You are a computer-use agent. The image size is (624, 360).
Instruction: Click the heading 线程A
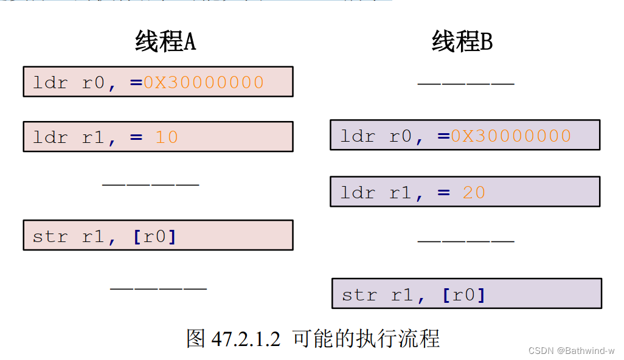165,42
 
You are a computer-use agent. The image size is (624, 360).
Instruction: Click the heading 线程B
462,42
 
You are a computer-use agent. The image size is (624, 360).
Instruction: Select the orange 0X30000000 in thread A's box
204,82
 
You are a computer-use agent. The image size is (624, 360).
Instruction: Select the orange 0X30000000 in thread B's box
511,136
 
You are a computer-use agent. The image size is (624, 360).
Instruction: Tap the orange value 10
166,137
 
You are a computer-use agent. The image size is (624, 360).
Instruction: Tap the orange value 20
474,193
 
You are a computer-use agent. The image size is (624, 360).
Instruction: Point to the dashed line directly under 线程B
466,83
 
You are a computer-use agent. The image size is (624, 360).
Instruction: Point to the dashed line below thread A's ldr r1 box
150,183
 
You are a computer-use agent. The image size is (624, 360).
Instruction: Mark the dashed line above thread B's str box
466,241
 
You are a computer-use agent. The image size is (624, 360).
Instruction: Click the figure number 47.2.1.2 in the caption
246,339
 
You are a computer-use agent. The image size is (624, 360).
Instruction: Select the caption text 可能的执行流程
366,339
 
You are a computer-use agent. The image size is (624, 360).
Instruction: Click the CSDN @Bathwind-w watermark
571,351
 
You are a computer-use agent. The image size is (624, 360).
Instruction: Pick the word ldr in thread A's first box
50,83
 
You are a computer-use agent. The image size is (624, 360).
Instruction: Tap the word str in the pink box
50,236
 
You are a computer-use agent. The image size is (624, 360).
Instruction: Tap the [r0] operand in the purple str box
464,295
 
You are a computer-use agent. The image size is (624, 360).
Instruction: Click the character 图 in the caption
196,339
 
